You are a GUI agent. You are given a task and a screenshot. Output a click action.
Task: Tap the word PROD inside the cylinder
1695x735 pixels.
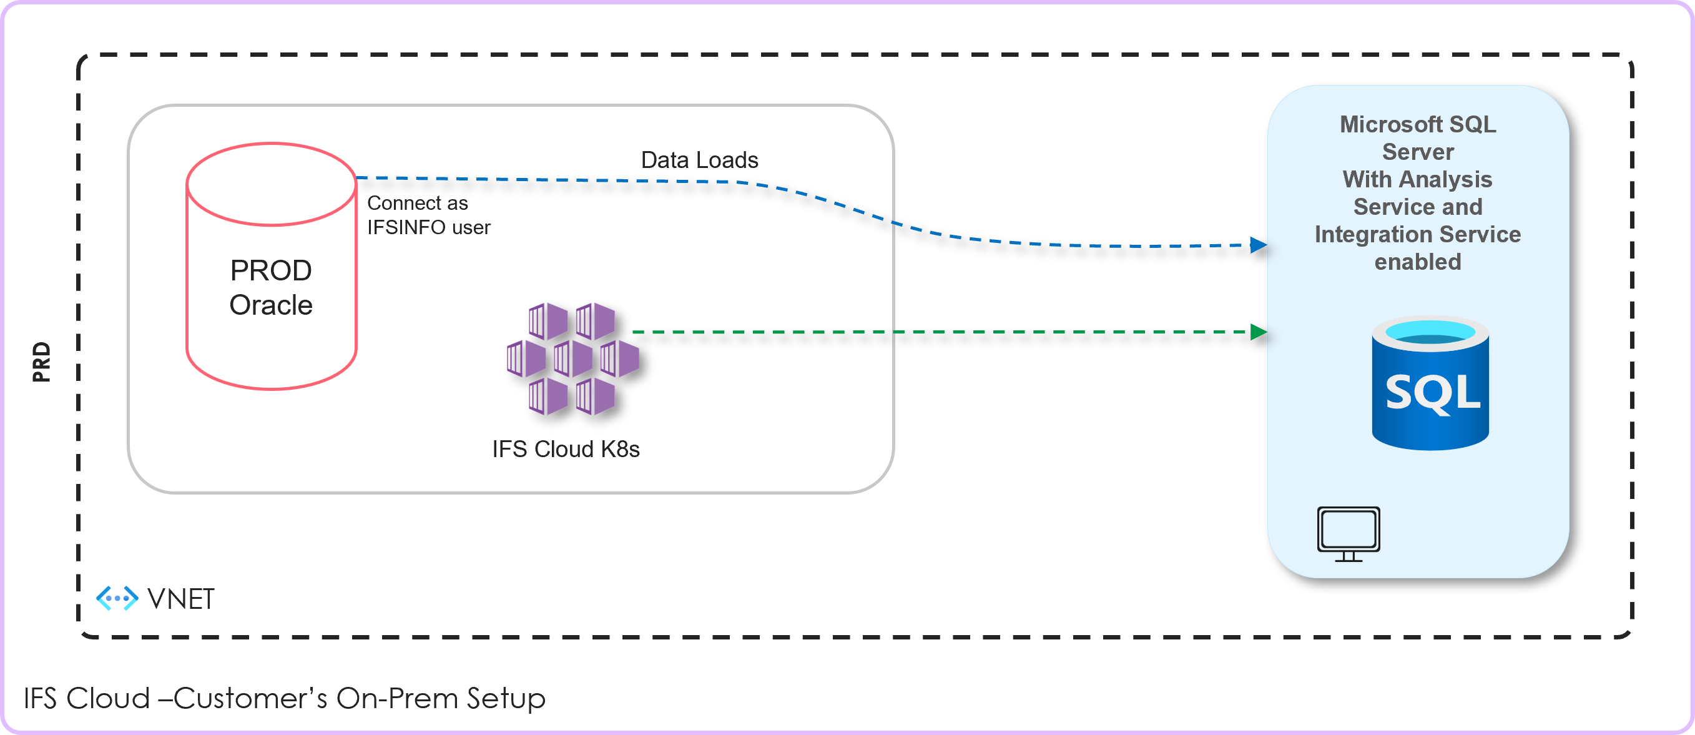click(270, 270)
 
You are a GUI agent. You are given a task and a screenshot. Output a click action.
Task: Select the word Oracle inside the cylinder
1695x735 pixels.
click(270, 305)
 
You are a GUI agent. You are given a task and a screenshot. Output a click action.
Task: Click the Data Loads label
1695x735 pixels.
click(699, 160)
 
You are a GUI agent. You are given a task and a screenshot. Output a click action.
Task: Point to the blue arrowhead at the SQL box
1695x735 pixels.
click(1257, 245)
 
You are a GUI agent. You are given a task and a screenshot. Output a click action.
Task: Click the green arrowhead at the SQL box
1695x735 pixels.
click(1257, 332)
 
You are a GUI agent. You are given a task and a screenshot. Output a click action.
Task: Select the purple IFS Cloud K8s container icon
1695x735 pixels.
click(572, 358)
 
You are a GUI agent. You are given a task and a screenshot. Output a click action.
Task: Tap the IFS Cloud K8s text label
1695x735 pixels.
click(566, 449)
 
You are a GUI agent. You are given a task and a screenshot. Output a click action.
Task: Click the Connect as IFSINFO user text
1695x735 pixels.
click(428, 215)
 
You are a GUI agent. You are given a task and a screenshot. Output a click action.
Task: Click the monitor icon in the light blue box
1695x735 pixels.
click(1349, 534)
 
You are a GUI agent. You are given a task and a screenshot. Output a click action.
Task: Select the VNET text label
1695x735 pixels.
click(181, 599)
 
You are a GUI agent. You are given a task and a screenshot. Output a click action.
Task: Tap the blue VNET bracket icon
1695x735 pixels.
click(117, 598)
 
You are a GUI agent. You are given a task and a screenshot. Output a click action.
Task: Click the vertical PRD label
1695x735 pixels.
click(41, 362)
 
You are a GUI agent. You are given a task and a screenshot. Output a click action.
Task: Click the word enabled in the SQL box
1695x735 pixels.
click(1417, 262)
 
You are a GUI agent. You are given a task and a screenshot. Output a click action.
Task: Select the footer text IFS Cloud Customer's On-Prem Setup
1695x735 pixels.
click(284, 698)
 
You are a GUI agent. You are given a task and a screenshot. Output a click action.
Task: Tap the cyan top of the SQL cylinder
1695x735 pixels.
click(1430, 332)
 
